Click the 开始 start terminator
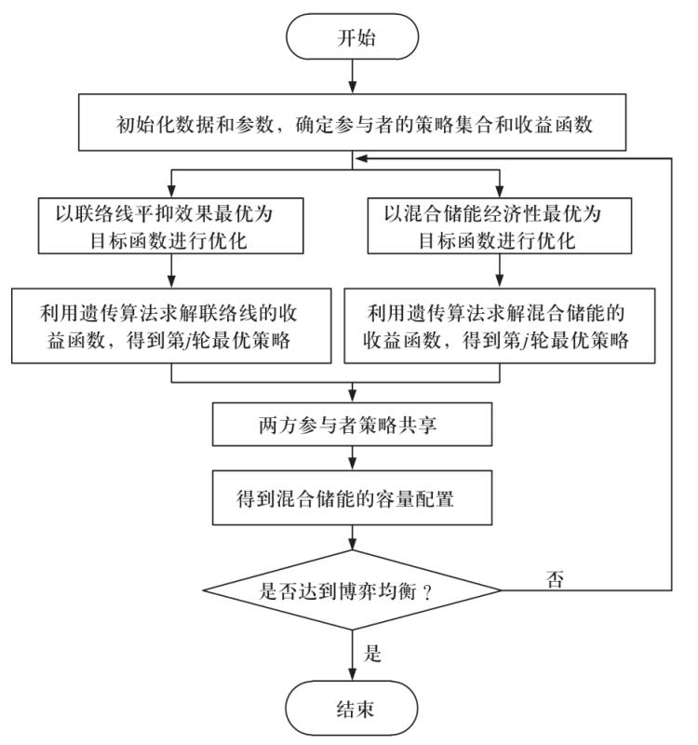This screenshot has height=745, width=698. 352,40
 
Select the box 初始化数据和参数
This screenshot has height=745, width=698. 352,122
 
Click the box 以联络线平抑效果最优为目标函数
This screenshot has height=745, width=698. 173,225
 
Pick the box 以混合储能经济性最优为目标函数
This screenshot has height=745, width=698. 501,225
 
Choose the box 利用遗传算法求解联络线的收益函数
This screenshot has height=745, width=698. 173,325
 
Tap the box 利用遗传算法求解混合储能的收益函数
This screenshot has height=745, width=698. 501,325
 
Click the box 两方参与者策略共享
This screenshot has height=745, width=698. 352,425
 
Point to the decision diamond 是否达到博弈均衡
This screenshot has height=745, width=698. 352,590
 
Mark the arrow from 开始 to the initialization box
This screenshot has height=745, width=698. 352,78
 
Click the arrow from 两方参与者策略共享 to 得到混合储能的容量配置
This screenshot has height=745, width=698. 352,460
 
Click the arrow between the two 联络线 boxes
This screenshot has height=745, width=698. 173,272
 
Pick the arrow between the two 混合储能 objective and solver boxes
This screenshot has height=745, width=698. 501,272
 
